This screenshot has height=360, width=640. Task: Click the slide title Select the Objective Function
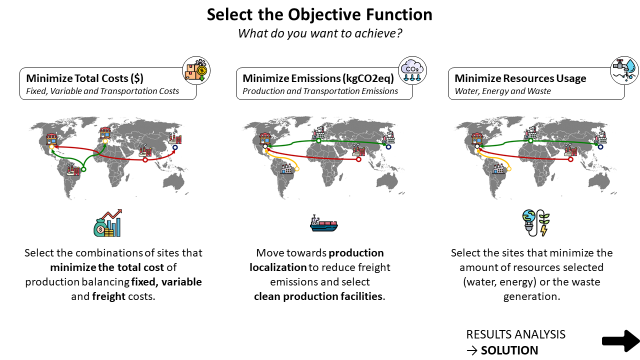click(320, 16)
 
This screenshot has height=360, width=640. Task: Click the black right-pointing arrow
click(619, 339)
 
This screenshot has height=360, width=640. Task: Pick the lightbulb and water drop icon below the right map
click(531, 222)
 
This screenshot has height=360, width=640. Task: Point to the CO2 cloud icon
click(412, 70)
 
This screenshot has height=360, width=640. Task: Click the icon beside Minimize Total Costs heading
click(196, 71)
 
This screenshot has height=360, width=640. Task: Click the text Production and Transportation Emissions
click(306, 92)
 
